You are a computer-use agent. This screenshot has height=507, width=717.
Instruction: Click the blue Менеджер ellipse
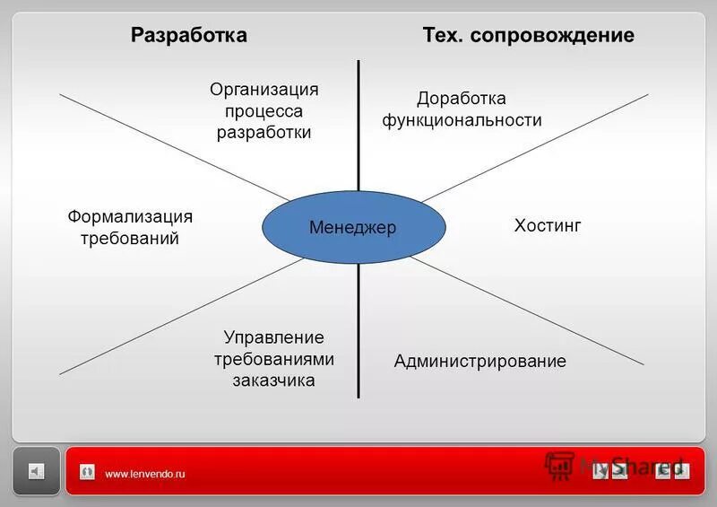point(353,228)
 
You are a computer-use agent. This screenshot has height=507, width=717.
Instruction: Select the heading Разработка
point(188,35)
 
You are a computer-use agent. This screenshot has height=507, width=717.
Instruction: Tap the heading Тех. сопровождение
point(528,35)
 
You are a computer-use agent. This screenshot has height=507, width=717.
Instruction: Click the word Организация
point(263,89)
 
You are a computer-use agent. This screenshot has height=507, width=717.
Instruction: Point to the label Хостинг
point(548,225)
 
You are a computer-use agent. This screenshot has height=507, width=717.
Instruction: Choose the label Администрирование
point(479,362)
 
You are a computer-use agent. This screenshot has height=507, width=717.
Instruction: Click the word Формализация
point(130,216)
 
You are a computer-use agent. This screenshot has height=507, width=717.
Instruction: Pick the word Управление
point(273,337)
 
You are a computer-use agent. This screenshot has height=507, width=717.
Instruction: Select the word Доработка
point(462,98)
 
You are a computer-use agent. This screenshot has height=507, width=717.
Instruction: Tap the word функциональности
point(462,120)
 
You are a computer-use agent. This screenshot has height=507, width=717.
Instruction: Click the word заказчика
point(273,380)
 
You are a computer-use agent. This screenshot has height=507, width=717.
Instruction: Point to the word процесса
point(263,111)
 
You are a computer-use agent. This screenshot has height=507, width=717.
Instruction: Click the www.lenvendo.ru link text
point(144,474)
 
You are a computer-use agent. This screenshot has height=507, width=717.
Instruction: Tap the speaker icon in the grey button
point(36,471)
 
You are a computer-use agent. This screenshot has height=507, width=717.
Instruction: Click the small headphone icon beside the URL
point(87,472)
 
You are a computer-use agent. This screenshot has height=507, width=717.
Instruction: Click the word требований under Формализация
point(130,239)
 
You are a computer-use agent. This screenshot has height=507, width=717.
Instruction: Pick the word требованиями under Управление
point(273,359)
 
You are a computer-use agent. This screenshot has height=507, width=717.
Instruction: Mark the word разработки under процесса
point(263,133)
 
